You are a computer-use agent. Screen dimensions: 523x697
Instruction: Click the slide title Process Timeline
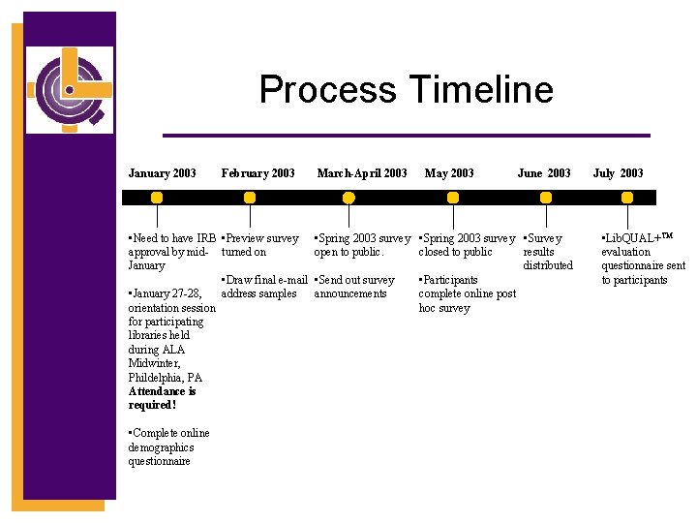(x=406, y=90)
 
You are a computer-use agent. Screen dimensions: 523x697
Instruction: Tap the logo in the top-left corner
(x=70, y=89)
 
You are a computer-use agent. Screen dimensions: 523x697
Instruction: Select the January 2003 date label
(x=162, y=173)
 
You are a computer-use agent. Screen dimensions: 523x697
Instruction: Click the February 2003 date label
(x=258, y=173)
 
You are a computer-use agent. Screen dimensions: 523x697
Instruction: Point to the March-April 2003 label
(x=362, y=173)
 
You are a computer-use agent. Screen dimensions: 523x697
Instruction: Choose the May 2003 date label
(x=449, y=173)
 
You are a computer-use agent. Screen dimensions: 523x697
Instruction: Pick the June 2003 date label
(x=544, y=173)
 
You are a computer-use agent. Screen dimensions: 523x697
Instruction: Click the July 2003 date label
(x=618, y=173)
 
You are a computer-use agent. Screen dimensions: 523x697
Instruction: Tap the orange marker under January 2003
(x=156, y=197)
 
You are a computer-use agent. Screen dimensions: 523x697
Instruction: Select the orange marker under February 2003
(x=250, y=197)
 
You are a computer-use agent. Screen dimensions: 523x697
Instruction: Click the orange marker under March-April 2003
(x=349, y=197)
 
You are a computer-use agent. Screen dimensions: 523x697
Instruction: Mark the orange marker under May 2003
(x=451, y=197)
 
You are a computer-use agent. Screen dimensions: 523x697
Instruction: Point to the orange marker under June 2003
(x=546, y=197)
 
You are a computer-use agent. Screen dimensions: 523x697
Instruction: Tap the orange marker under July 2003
(x=627, y=197)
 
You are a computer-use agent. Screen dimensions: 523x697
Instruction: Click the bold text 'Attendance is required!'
(x=162, y=398)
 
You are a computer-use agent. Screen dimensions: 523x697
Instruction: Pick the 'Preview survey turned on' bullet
(x=259, y=245)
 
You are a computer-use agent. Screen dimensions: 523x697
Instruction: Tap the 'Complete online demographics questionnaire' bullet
(x=168, y=446)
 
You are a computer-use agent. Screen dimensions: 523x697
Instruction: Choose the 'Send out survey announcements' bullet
(x=354, y=287)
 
